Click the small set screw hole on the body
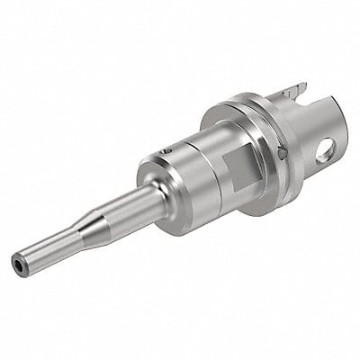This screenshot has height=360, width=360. tap(166, 150)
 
